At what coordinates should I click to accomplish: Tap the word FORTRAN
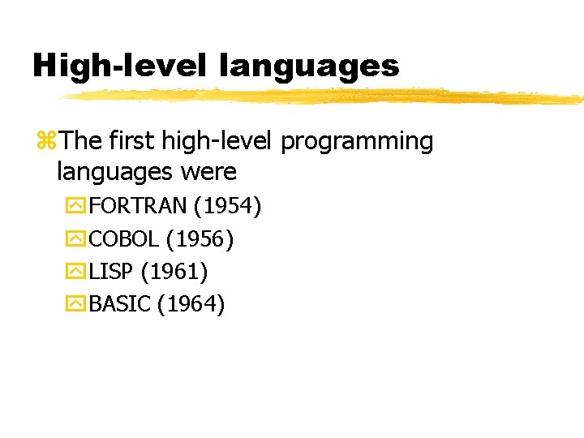tap(138, 207)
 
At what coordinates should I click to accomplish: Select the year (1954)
tap(227, 207)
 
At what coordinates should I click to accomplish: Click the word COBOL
tap(123, 239)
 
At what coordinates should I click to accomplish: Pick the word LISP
tap(110, 272)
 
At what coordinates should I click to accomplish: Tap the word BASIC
tap(120, 304)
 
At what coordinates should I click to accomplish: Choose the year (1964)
tap(191, 304)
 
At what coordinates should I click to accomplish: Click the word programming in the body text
tap(357, 142)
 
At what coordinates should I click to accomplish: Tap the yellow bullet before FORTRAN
tap(76, 207)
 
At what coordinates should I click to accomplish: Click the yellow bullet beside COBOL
tap(76, 239)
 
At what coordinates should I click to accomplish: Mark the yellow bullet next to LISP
tap(76, 272)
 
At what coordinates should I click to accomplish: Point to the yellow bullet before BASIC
tap(76, 304)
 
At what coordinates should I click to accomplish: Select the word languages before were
tap(114, 172)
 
